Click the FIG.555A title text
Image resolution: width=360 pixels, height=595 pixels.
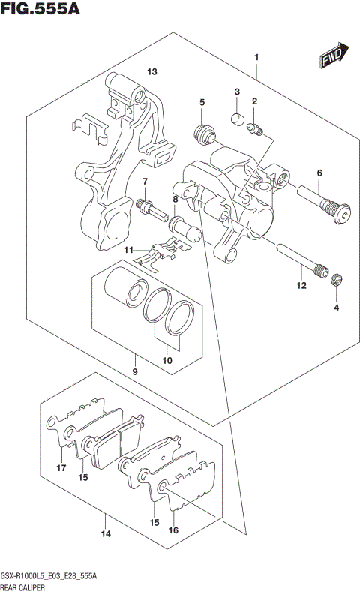point(40,10)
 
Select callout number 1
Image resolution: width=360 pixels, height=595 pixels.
point(256,58)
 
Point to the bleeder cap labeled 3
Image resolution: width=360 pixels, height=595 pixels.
point(235,116)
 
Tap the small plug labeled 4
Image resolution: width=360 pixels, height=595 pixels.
point(337,281)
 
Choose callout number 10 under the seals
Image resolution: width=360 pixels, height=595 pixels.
point(167,361)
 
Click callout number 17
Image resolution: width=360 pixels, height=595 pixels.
point(62,469)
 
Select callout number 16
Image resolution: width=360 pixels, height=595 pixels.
point(174,530)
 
